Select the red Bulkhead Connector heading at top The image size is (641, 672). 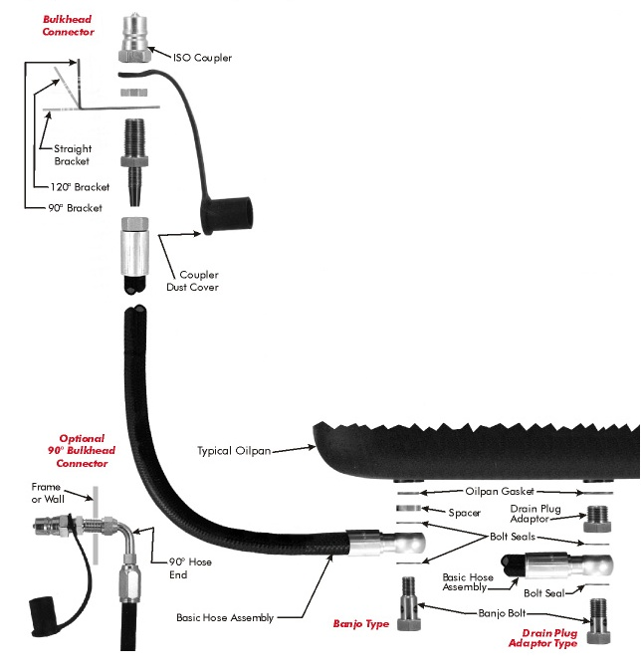point(69,26)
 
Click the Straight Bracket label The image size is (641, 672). point(73,155)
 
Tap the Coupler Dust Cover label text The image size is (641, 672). point(199,281)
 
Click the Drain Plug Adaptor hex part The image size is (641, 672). point(596,520)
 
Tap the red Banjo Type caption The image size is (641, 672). point(361,625)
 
